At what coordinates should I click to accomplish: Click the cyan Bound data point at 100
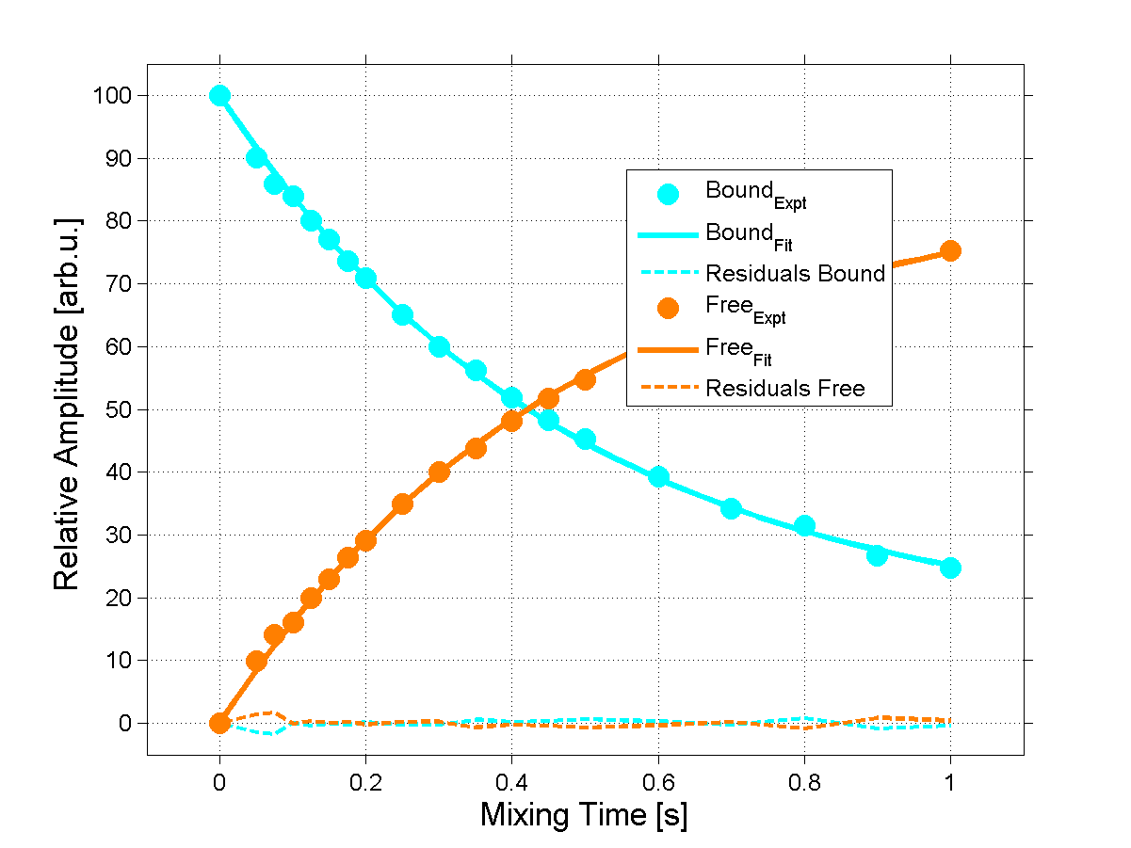coord(219,95)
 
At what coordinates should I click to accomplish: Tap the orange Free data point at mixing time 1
coord(950,250)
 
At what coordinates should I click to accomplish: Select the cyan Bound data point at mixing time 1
coord(950,568)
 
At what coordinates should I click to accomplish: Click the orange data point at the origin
coord(219,723)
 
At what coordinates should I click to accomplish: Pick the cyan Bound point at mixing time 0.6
coord(658,477)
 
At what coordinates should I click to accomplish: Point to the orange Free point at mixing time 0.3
coord(439,472)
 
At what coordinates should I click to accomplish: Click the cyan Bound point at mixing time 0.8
coord(804,526)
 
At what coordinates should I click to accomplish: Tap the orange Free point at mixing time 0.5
coord(585,379)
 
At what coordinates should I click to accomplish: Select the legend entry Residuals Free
coord(785,388)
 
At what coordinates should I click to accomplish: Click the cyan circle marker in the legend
coord(669,194)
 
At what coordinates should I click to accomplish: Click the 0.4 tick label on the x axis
coord(511,780)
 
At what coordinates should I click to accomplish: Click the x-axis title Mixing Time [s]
coord(584,815)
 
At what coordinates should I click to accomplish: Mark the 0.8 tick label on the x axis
coord(804,780)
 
